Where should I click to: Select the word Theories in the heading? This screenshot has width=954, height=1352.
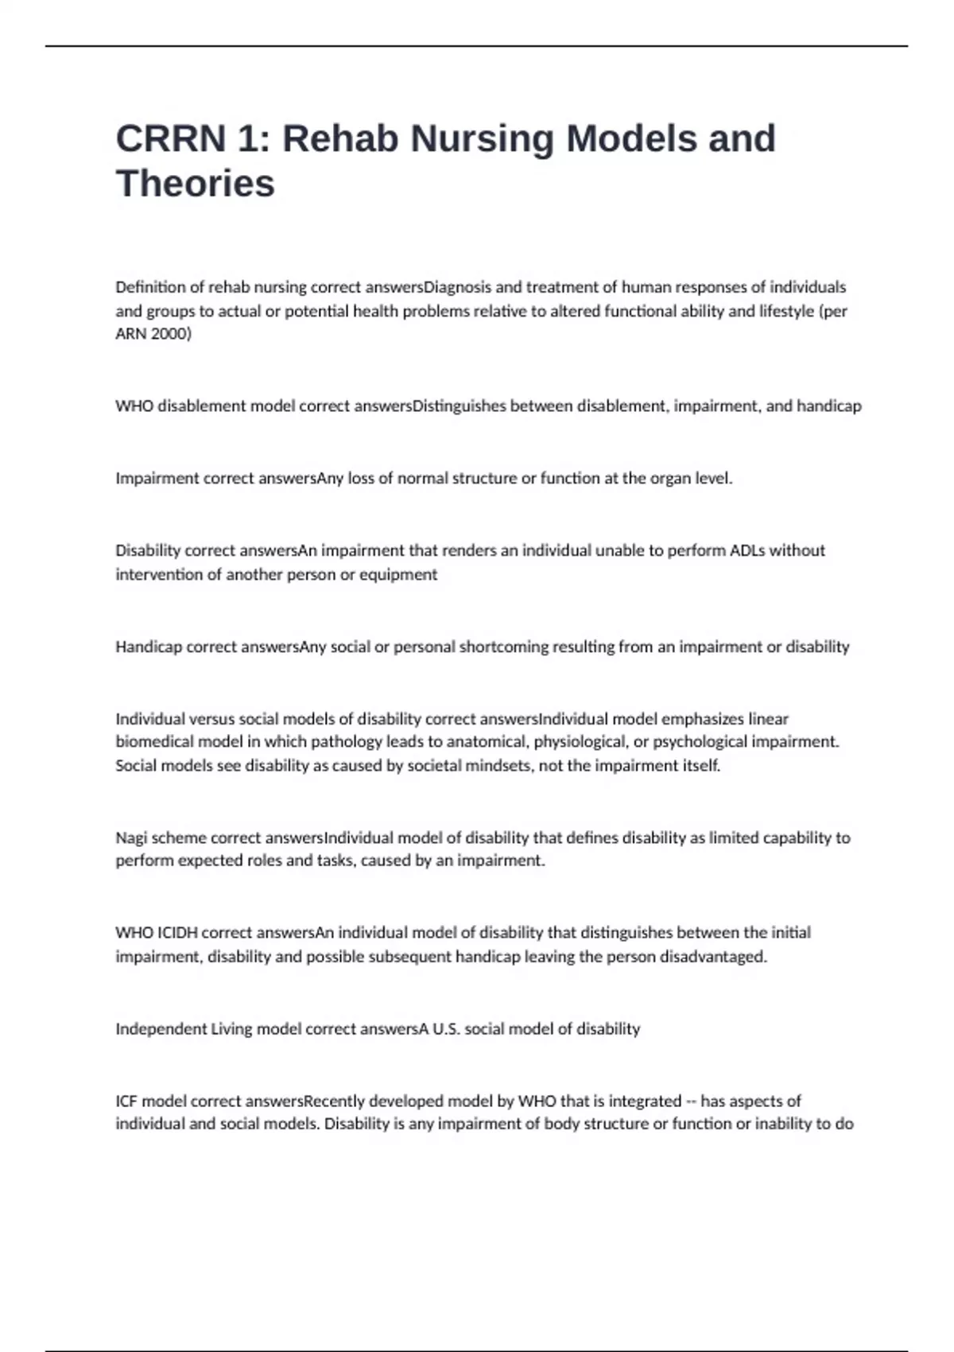(x=196, y=184)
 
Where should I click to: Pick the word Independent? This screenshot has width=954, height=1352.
(x=161, y=1029)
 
